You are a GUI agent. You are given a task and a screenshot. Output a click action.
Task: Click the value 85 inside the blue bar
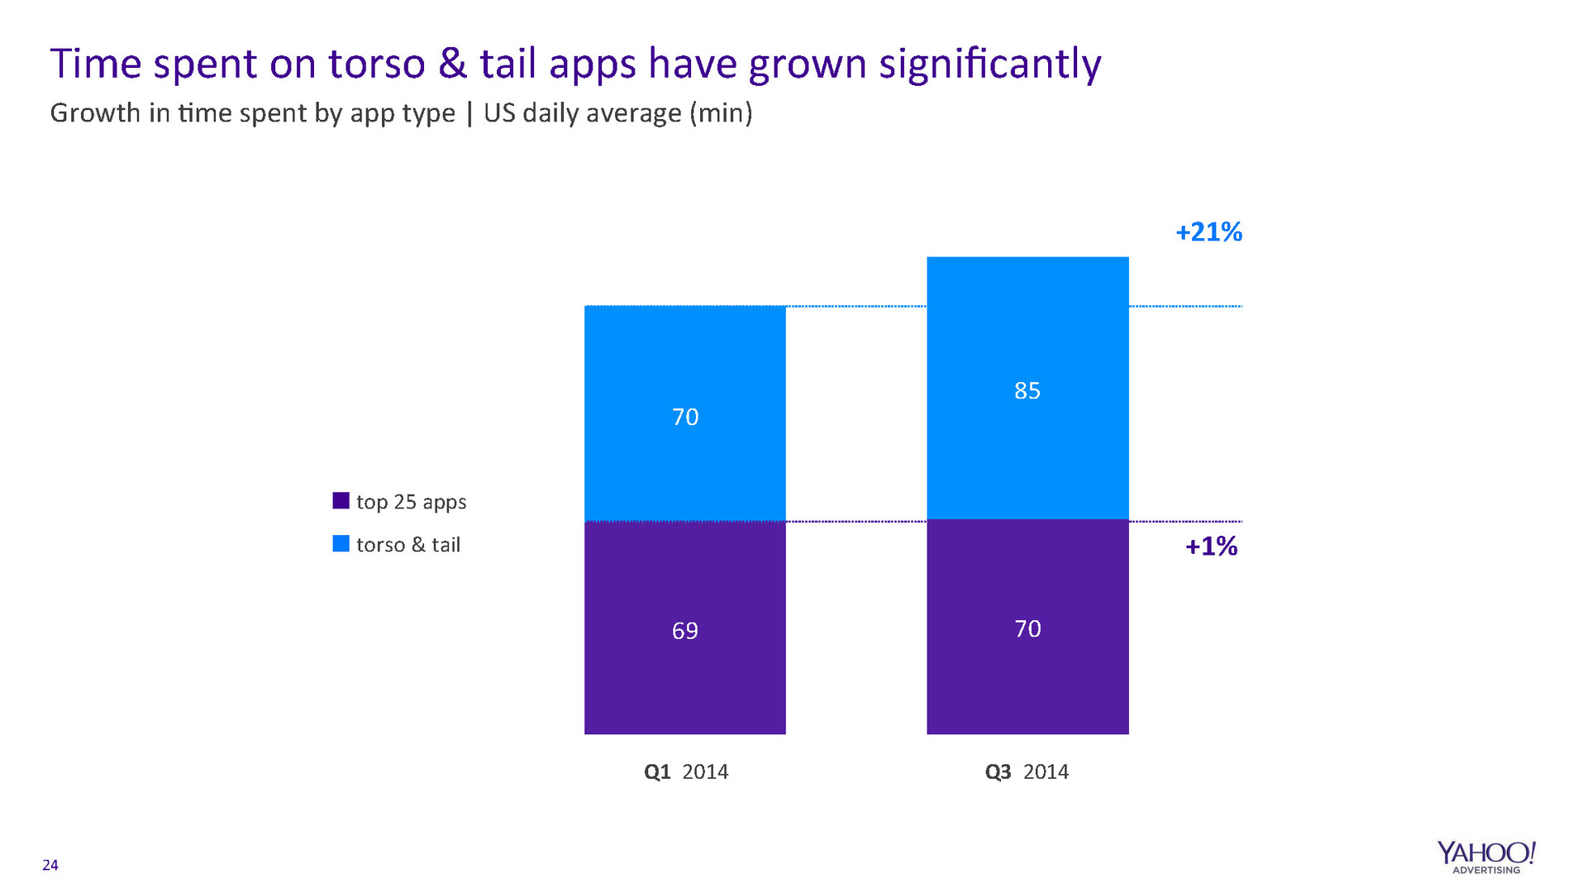point(1027,390)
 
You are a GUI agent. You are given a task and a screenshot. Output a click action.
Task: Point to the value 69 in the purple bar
point(684,631)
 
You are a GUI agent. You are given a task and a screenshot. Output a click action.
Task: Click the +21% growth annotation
point(1208,232)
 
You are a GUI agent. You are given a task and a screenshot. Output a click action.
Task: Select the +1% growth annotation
point(1211,547)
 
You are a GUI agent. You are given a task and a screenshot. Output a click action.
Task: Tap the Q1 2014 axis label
point(686,771)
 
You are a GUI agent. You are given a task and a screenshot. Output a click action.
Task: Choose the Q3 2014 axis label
point(1027,771)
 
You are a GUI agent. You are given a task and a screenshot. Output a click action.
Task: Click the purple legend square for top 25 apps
point(341,500)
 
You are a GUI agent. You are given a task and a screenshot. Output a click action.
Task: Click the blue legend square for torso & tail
point(341,543)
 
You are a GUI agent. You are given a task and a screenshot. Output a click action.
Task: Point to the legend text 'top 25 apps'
point(411,502)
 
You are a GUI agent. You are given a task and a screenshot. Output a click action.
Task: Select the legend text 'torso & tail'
point(407,545)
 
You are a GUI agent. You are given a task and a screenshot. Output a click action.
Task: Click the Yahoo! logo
point(1485,853)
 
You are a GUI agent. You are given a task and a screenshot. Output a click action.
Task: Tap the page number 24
point(50,865)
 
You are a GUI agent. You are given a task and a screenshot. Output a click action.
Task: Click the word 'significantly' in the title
point(989,64)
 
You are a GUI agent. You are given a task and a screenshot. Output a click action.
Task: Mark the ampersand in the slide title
point(452,64)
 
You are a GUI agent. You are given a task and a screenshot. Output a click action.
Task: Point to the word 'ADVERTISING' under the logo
point(1486,870)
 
